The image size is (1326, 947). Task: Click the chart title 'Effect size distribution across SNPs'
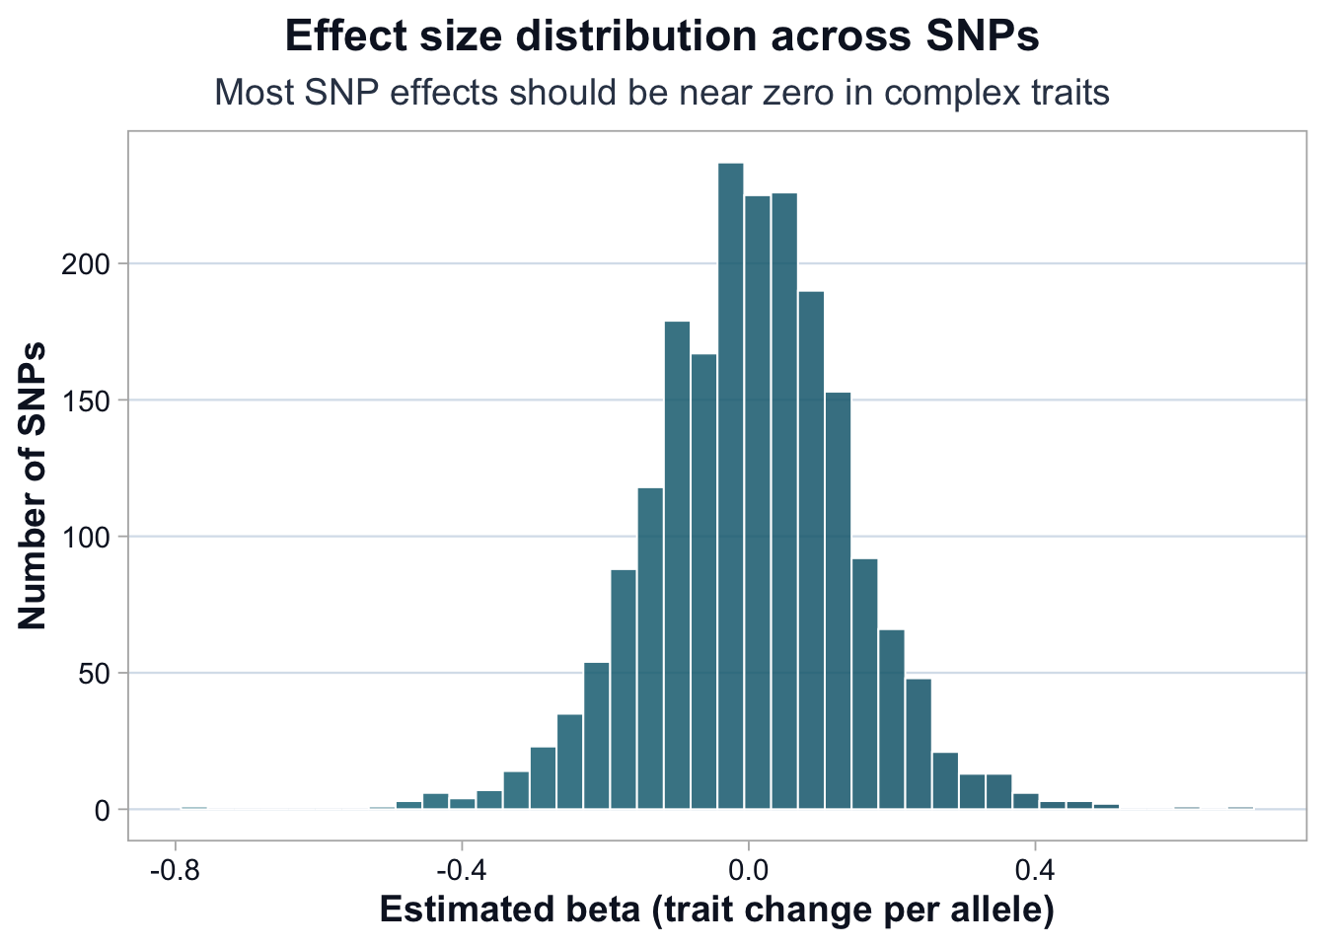(662, 36)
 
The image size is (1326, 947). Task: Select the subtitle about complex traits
(662, 93)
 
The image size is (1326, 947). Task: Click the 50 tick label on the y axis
(105, 674)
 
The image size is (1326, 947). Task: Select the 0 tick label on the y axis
(110, 811)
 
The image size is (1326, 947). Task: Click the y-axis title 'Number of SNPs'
(33, 485)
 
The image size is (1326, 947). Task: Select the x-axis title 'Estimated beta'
(716, 910)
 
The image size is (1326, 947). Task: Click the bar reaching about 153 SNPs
(838, 601)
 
